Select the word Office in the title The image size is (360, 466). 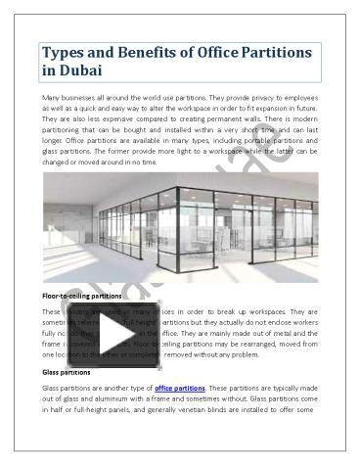228,52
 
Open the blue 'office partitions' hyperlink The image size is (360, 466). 178,389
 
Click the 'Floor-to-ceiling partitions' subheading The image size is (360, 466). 81,295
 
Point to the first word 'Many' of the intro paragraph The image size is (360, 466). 53,99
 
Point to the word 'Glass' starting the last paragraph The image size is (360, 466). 53,389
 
